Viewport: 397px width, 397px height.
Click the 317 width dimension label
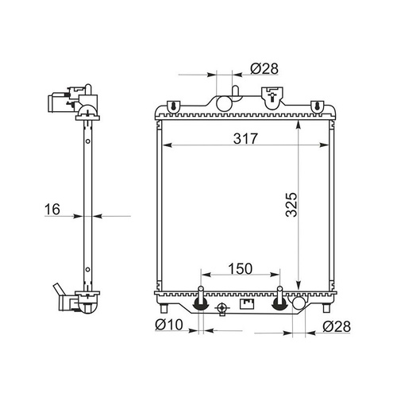pyautogui.click(x=245, y=138)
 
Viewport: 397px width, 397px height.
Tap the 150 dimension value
pyautogui.click(x=241, y=268)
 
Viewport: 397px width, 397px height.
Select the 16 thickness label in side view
pyautogui.click(x=52, y=210)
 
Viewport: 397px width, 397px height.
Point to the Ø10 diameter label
pyautogui.click(x=169, y=325)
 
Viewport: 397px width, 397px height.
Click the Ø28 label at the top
pyautogui.click(x=264, y=69)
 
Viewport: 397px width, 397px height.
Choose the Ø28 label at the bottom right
pyautogui.click(x=337, y=326)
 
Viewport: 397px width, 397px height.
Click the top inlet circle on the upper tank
pyautogui.click(x=224, y=103)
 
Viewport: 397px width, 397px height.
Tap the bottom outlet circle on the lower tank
pyautogui.click(x=299, y=303)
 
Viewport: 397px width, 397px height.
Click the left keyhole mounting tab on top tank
pyautogui.click(x=174, y=107)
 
